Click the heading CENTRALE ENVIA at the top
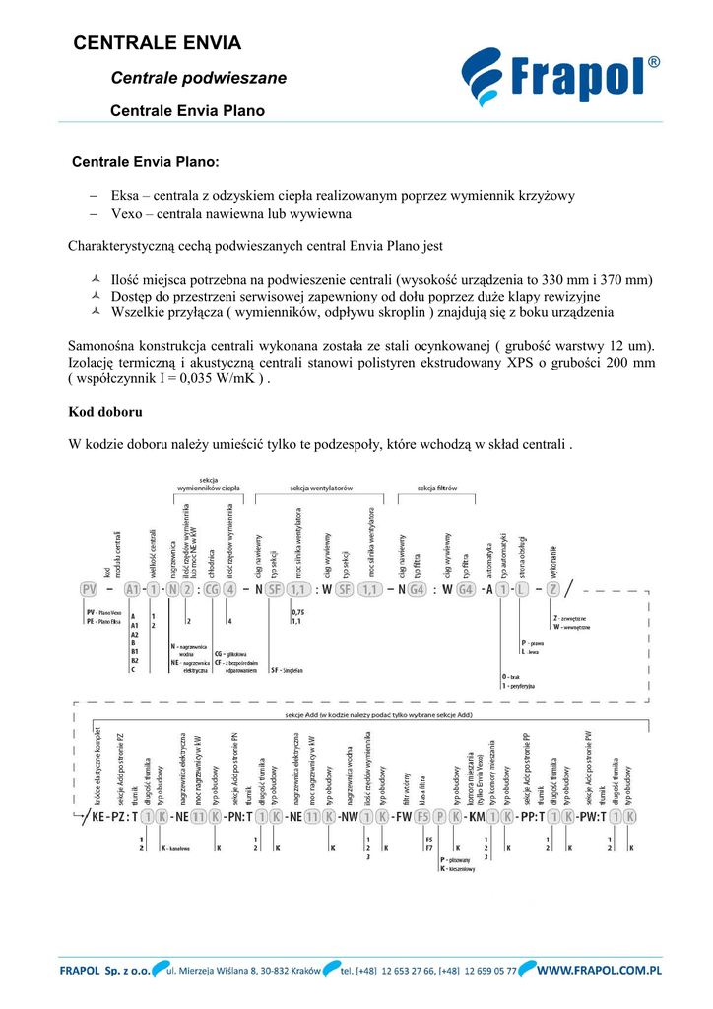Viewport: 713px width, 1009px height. (158, 43)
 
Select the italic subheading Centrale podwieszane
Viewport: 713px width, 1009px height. (199, 78)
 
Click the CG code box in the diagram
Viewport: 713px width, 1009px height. (211, 589)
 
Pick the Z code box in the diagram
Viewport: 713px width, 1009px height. (553, 589)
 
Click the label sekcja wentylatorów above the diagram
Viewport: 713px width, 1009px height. (320, 488)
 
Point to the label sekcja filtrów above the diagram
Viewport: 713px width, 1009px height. (437, 488)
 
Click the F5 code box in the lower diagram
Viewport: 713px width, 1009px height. (422, 817)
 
